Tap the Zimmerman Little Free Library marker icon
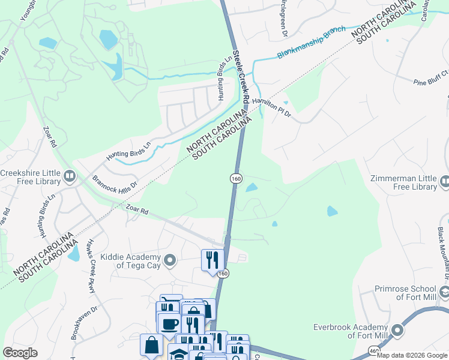[444, 180]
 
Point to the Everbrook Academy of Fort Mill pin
[397, 330]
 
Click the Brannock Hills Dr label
[116, 181]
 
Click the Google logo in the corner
[20, 353]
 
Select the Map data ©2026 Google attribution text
[412, 355]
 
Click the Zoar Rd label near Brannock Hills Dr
[137, 210]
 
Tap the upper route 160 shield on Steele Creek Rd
[236, 179]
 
